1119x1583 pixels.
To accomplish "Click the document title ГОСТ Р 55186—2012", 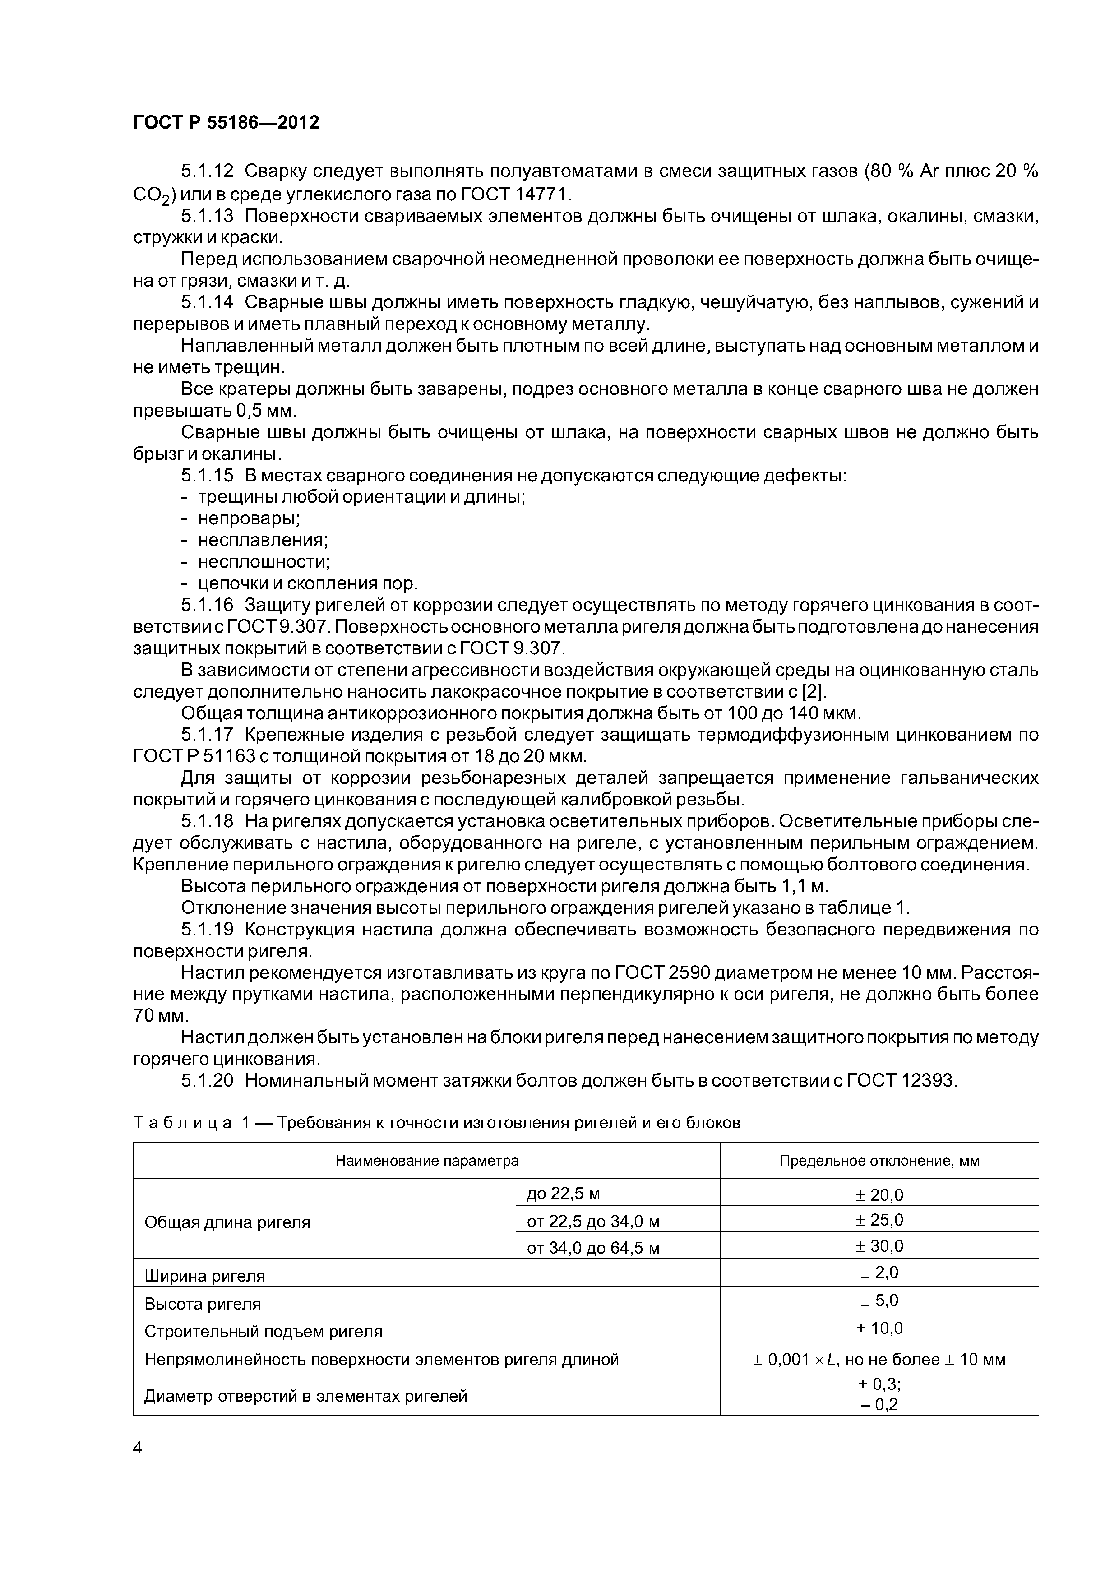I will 226,123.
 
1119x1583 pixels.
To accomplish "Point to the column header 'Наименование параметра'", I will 427,1160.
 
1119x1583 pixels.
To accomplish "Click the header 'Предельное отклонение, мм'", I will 879,1160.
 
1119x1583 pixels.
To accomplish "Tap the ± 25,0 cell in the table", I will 879,1220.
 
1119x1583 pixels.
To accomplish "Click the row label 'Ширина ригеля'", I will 205,1276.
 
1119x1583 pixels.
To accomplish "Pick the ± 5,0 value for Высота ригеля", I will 879,1301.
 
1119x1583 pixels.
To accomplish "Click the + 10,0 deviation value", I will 879,1328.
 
